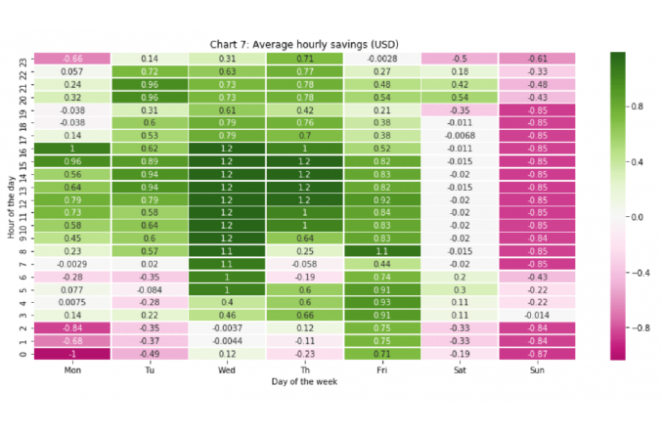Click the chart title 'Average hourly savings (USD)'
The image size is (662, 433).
click(303, 44)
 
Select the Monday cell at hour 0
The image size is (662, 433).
click(71, 353)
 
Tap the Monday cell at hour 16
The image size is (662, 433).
click(71, 148)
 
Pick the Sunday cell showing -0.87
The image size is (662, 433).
click(537, 353)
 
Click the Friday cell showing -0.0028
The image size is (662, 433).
click(381, 59)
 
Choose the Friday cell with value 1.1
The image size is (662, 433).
click(381, 250)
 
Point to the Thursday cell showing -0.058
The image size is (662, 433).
click(304, 264)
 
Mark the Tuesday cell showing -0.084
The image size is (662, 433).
click(149, 289)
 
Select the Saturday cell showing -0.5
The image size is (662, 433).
click(459, 59)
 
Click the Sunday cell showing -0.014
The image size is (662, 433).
click(537, 315)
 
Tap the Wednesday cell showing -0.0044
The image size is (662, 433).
click(227, 340)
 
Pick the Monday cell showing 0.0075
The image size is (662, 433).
click(71, 302)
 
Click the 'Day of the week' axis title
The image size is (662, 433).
click(303, 382)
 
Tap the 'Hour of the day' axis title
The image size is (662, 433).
click(11, 206)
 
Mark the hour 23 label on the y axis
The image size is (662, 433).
click(24, 59)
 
